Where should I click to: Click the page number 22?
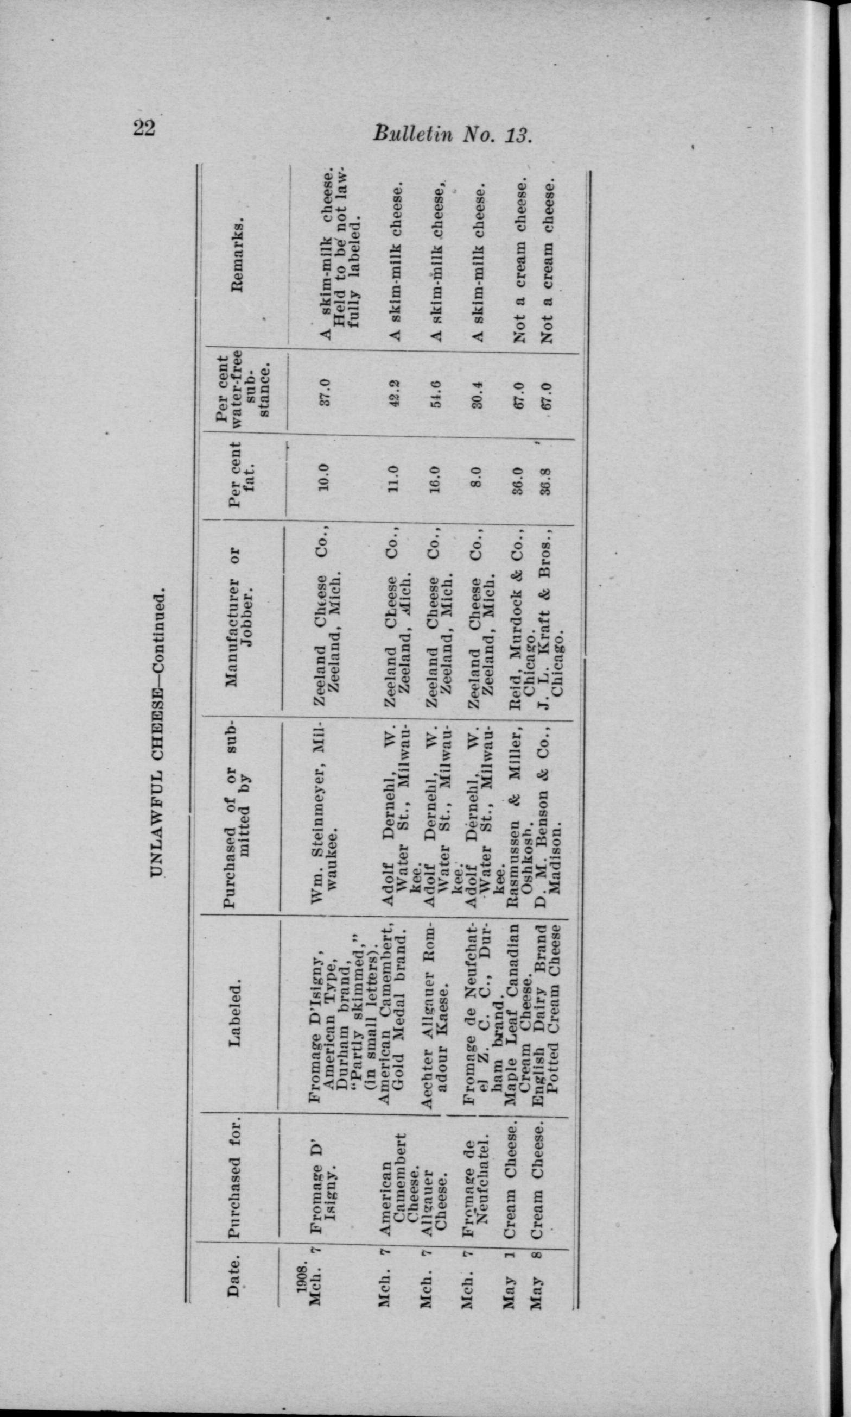coord(144,127)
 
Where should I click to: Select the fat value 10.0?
coord(324,475)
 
